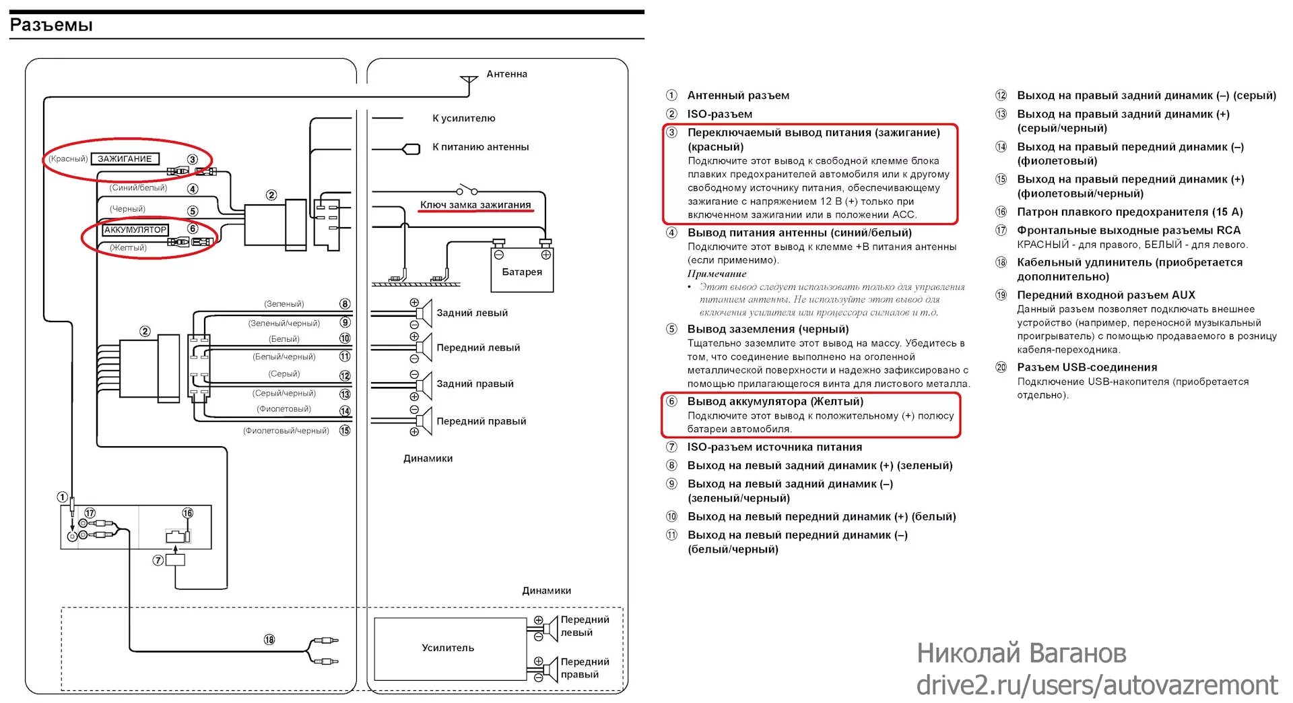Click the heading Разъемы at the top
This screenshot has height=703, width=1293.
pos(51,26)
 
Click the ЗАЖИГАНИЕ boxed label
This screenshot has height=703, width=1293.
pos(125,159)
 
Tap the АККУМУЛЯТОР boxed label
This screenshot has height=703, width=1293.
pos(135,230)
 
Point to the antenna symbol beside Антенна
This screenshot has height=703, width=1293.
pos(468,83)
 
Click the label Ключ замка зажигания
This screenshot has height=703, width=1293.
pos(475,205)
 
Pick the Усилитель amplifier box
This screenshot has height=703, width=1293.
pos(449,648)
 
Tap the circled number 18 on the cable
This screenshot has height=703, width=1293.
pos(269,640)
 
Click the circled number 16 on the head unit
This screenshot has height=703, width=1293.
pos(188,514)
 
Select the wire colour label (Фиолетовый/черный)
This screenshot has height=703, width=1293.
pos(286,431)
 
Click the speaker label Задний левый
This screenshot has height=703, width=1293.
pos(472,313)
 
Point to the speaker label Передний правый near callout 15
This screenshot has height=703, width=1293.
pos(481,421)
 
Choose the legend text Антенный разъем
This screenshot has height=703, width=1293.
pos(738,96)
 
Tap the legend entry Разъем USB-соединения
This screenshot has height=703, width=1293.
pos(1087,367)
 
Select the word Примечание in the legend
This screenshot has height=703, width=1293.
pos(717,274)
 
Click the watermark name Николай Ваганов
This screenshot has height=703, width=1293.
pos(1021,653)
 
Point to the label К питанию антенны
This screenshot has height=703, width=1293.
pos(480,147)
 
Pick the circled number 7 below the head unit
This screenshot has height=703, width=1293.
pos(158,560)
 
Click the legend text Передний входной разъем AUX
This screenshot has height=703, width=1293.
pos(1106,295)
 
